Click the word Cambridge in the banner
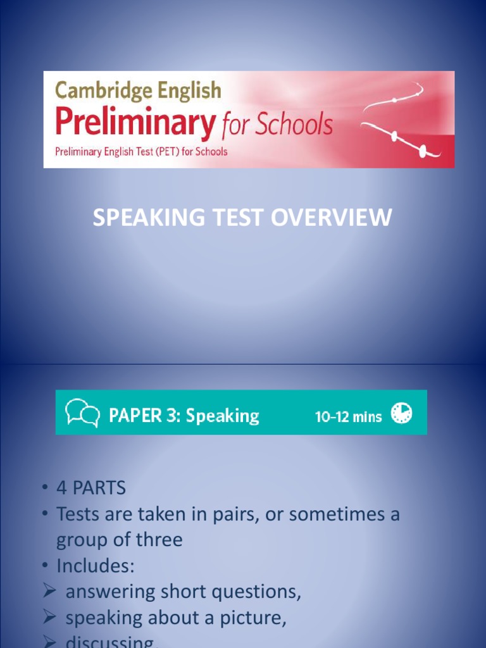click(94, 91)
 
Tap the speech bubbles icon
click(83, 413)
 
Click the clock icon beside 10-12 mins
click(401, 413)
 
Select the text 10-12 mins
click(349, 416)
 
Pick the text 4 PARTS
click(91, 489)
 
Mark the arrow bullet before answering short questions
click(51, 592)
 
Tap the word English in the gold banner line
click(182, 91)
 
